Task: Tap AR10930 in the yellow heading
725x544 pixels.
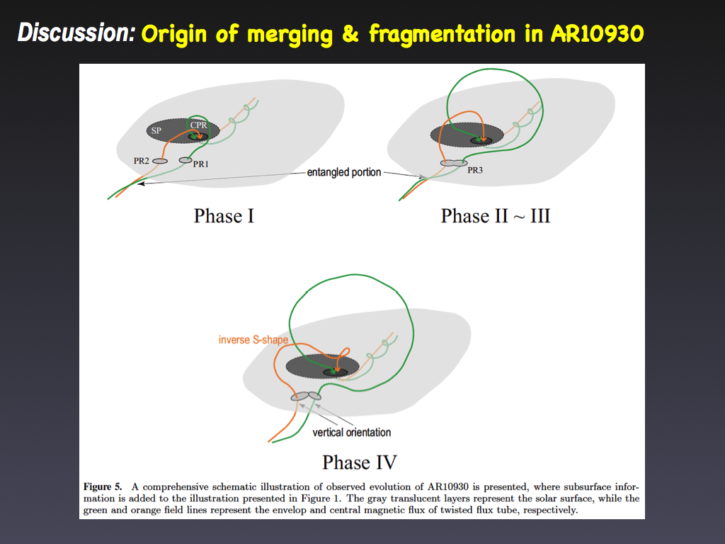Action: pos(598,33)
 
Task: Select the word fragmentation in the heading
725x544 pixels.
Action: pos(443,34)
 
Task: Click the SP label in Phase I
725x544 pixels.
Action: pos(156,131)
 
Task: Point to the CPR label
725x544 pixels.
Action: pos(198,125)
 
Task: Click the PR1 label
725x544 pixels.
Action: pos(200,164)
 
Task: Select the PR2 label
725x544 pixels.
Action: pos(142,161)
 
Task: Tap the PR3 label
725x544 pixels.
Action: pos(475,170)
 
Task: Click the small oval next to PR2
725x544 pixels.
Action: pos(160,161)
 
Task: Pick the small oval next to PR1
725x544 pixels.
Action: pos(185,160)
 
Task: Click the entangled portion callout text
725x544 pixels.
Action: pos(344,173)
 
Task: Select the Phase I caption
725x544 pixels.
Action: pos(224,216)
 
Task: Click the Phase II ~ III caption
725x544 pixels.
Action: pos(495,216)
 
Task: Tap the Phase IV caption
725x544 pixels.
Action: pos(359,462)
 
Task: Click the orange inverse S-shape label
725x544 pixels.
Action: pos(253,340)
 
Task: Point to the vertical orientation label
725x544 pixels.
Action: pos(351,433)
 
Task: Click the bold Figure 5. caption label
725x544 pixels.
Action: pos(103,487)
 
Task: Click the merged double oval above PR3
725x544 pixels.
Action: pos(454,163)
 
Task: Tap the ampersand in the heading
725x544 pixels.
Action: pos(350,34)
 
